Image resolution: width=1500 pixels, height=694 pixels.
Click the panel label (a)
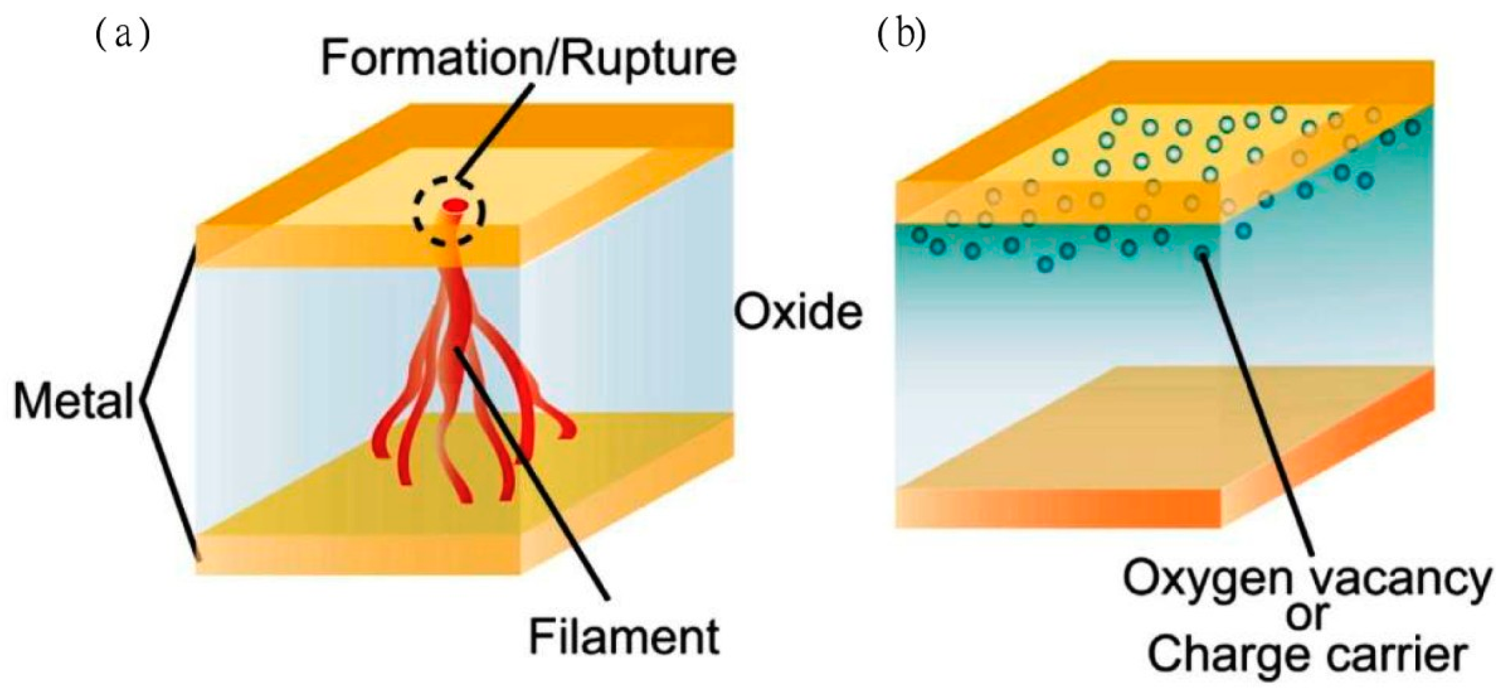(122, 36)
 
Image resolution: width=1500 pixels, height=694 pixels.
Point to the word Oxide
(798, 312)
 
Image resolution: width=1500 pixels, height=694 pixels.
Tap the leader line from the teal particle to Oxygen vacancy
(1258, 408)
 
